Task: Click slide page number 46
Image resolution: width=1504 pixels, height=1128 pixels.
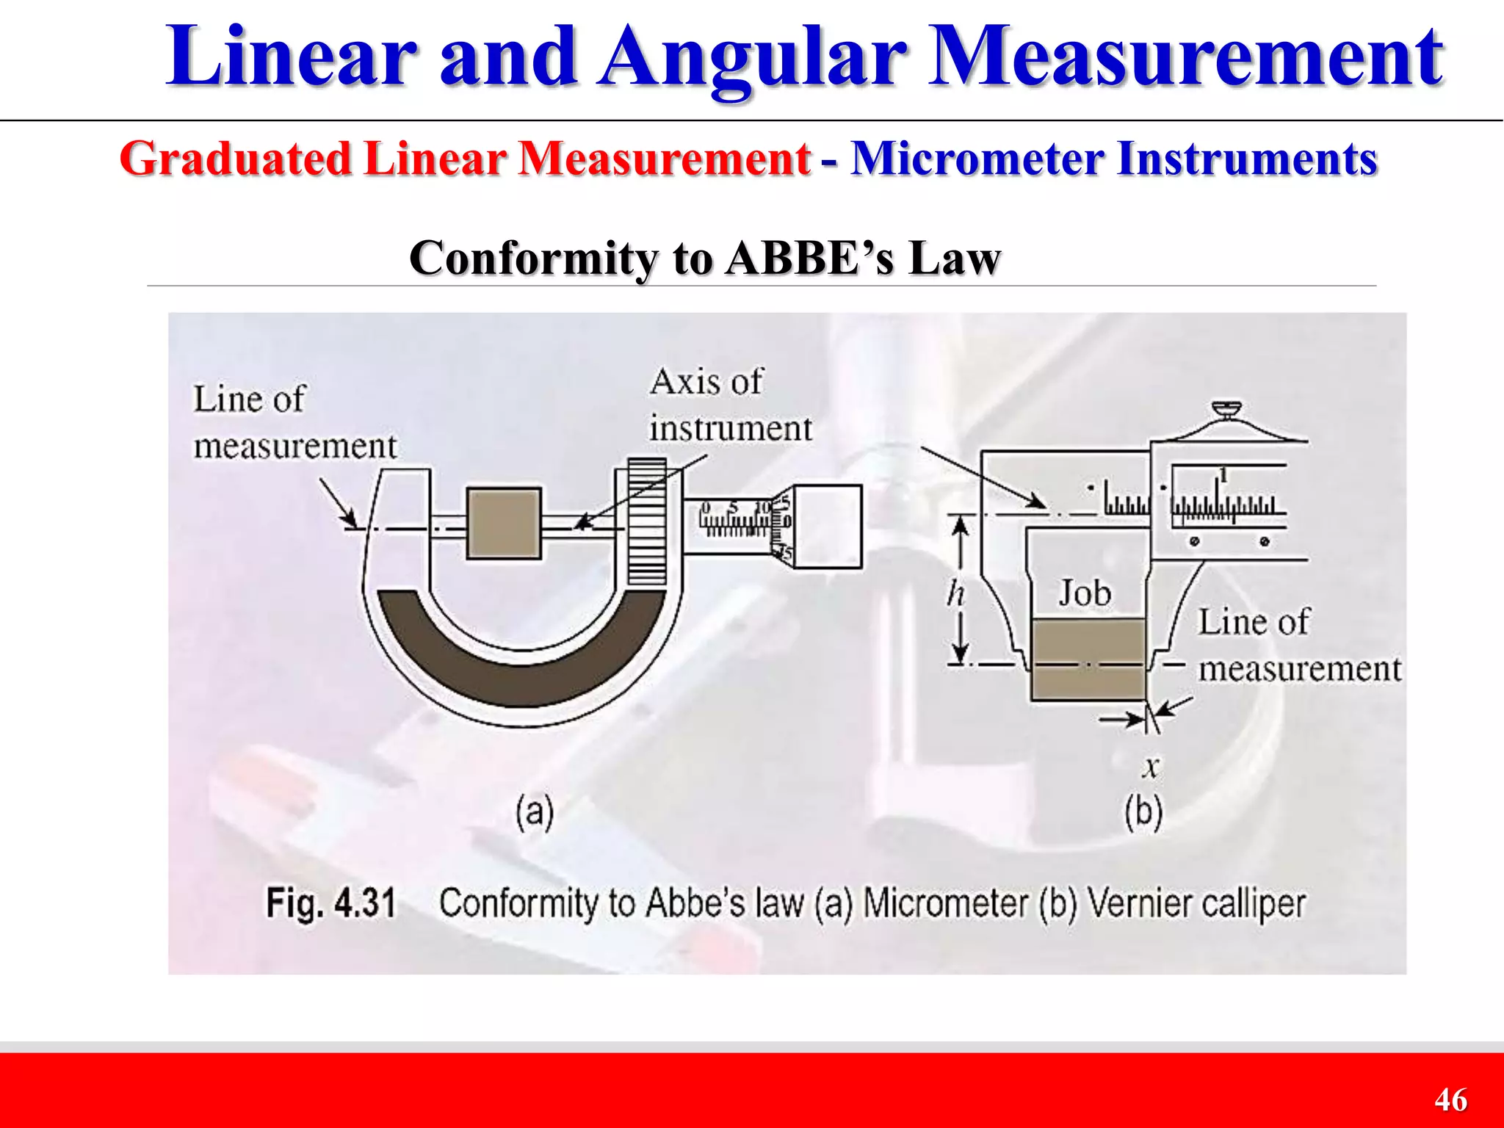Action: point(1450,1099)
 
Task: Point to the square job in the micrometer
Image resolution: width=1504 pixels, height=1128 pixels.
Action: point(504,524)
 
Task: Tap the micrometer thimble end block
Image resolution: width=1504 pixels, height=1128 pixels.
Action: point(828,526)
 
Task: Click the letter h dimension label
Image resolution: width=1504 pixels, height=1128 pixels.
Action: point(955,593)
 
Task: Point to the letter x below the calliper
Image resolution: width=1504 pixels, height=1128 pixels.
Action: point(1151,767)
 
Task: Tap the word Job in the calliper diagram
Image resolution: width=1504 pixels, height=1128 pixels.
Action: point(1084,593)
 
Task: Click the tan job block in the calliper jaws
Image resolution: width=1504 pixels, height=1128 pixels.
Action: point(1088,658)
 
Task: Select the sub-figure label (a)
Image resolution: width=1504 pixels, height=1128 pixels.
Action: point(534,812)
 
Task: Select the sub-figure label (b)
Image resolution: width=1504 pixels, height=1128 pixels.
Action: point(1143,812)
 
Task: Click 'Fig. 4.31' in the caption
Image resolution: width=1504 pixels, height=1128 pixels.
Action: point(330,903)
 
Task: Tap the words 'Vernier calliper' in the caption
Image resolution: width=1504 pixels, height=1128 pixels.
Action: point(1196,903)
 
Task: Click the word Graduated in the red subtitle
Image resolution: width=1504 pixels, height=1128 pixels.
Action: point(236,159)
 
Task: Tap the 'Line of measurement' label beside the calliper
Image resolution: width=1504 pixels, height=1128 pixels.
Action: point(1298,645)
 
